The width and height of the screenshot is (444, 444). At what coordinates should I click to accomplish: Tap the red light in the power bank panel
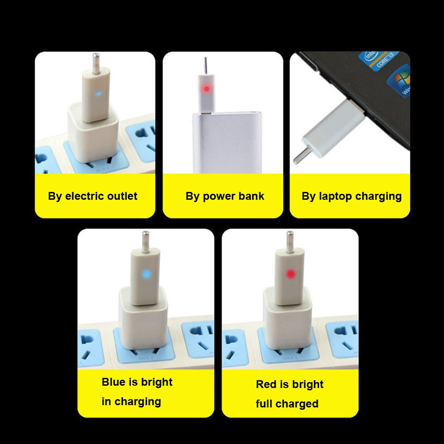tap(206, 88)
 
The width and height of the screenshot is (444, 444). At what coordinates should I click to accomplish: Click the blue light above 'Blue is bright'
tap(147, 274)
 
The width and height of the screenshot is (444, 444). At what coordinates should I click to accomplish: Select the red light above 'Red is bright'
tap(290, 274)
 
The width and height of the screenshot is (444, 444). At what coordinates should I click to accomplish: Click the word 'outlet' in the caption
tap(122, 196)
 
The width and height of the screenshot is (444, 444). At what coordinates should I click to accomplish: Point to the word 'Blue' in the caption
tap(114, 382)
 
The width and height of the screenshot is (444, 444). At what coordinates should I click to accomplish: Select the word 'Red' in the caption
tap(265, 384)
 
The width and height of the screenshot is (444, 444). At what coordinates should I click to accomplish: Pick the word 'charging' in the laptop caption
tap(378, 196)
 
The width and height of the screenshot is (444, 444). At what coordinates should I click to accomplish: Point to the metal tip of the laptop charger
tap(301, 155)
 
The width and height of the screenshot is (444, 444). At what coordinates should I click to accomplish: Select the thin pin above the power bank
tap(205, 65)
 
